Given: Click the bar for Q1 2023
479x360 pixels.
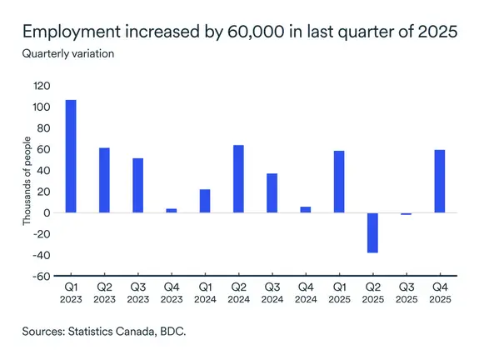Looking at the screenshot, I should click(71, 157).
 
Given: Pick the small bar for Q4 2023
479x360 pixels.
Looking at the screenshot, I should click(172, 210).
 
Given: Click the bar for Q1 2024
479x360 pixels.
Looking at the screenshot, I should click(205, 201).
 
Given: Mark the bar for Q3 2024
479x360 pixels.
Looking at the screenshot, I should click(272, 193).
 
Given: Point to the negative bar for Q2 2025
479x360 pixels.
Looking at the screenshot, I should click(372, 232).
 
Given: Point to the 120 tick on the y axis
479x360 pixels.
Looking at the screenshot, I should click(42, 86).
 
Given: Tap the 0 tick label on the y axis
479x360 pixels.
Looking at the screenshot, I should click(47, 212).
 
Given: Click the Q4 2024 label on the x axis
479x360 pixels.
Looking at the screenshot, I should click(306, 292).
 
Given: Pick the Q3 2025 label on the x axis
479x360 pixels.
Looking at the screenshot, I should click(406, 292).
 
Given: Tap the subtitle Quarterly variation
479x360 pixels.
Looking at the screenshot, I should click(67, 54).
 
